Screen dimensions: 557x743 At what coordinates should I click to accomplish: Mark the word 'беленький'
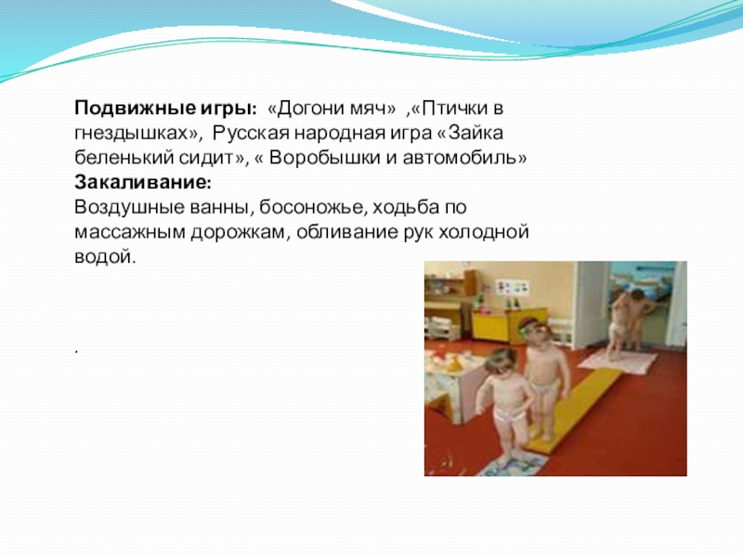tap(118, 159)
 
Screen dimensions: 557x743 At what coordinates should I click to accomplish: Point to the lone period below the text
tap(76, 353)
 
